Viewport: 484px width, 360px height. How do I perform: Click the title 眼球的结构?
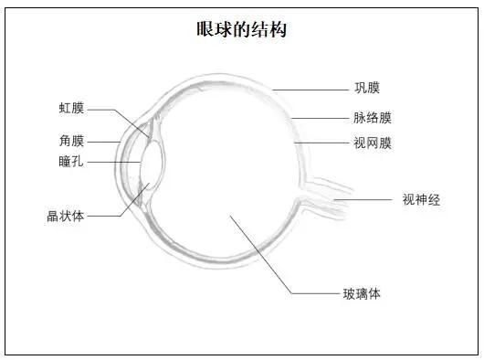[242, 29]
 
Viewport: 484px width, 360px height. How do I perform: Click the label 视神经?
[421, 199]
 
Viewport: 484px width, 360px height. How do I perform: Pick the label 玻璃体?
[361, 293]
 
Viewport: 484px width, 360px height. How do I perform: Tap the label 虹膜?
[71, 109]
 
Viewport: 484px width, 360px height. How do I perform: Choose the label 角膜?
[71, 141]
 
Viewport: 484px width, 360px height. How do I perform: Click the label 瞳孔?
[71, 162]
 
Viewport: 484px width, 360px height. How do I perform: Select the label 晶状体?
[66, 217]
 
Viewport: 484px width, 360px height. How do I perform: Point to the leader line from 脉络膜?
[320, 118]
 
